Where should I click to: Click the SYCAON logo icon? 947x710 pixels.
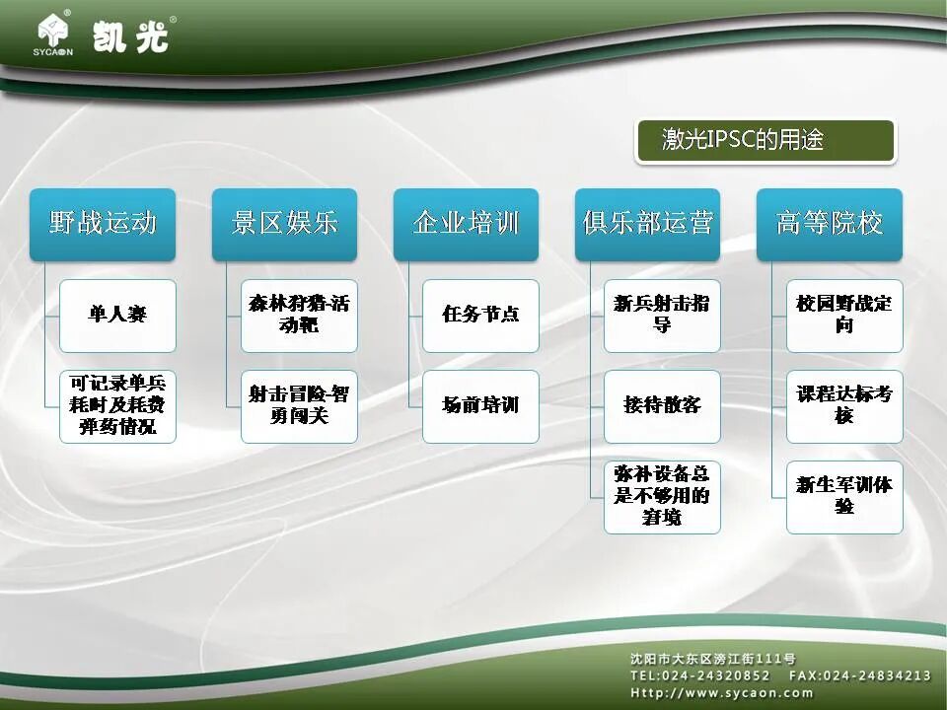(x=55, y=34)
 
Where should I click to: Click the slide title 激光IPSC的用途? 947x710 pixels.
(x=764, y=141)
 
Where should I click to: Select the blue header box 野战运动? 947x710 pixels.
(x=103, y=224)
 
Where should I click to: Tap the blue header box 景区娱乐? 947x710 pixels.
(x=284, y=224)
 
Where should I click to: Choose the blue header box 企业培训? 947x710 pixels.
(x=466, y=224)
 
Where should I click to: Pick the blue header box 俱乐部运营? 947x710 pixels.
(x=647, y=224)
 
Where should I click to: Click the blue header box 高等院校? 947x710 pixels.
(x=829, y=224)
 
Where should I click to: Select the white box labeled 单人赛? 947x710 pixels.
(x=117, y=316)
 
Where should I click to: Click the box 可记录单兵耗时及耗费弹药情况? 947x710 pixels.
(x=117, y=406)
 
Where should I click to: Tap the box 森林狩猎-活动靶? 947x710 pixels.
(x=299, y=316)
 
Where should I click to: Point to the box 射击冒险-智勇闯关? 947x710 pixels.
(x=299, y=406)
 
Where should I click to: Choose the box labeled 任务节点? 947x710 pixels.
(x=480, y=316)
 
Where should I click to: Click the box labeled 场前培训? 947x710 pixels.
(x=480, y=406)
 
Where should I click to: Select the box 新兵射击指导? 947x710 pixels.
(x=662, y=316)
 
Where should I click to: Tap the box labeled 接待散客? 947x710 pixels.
(x=662, y=406)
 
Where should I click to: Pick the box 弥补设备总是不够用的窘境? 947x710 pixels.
(x=662, y=497)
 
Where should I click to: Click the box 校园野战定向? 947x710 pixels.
(x=844, y=316)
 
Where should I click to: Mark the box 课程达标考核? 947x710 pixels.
(x=844, y=406)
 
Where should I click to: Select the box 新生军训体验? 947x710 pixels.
(x=844, y=497)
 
